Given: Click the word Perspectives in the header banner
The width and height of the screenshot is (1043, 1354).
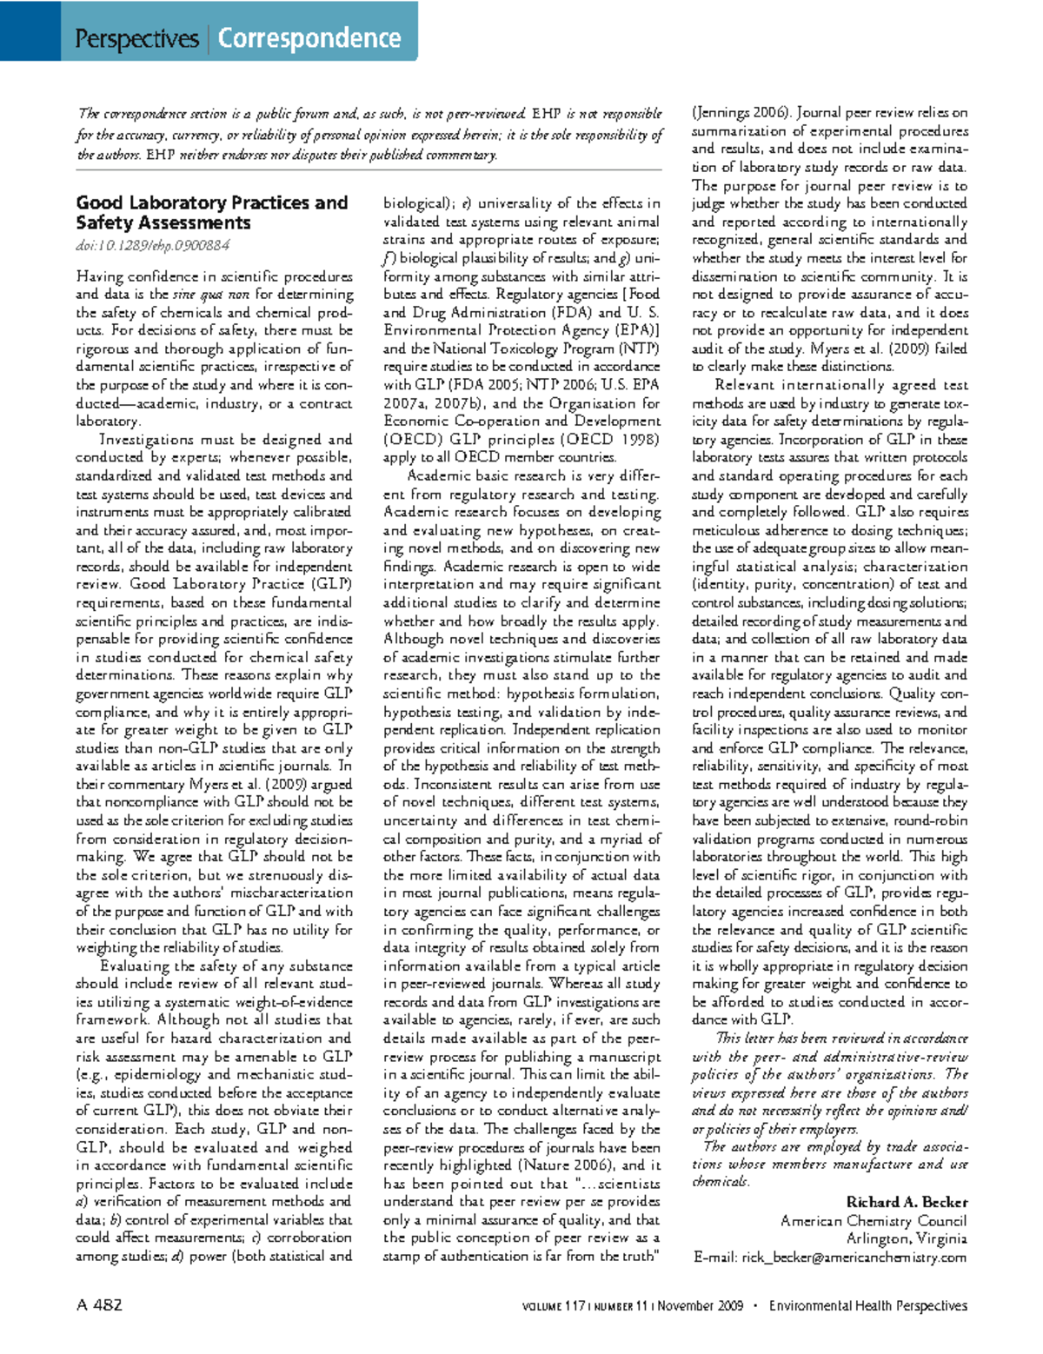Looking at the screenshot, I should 136,39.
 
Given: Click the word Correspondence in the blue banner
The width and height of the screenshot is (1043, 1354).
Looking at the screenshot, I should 309,39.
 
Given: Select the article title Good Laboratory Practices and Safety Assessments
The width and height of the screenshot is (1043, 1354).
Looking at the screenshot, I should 211,213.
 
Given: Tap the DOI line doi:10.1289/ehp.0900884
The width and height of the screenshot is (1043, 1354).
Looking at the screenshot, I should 152,246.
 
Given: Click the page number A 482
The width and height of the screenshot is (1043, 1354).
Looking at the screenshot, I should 99,1305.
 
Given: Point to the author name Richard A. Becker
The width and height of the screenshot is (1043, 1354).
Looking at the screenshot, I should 906,1202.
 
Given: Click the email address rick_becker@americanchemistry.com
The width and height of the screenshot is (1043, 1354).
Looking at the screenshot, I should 829,1257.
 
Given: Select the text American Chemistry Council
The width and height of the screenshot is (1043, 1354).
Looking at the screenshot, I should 873,1220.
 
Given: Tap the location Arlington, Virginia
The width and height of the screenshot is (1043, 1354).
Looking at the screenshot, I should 906,1238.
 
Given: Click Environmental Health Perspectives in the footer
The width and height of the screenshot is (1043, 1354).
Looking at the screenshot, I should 867,1306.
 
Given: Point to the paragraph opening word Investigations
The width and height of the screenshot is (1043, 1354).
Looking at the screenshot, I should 140,440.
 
